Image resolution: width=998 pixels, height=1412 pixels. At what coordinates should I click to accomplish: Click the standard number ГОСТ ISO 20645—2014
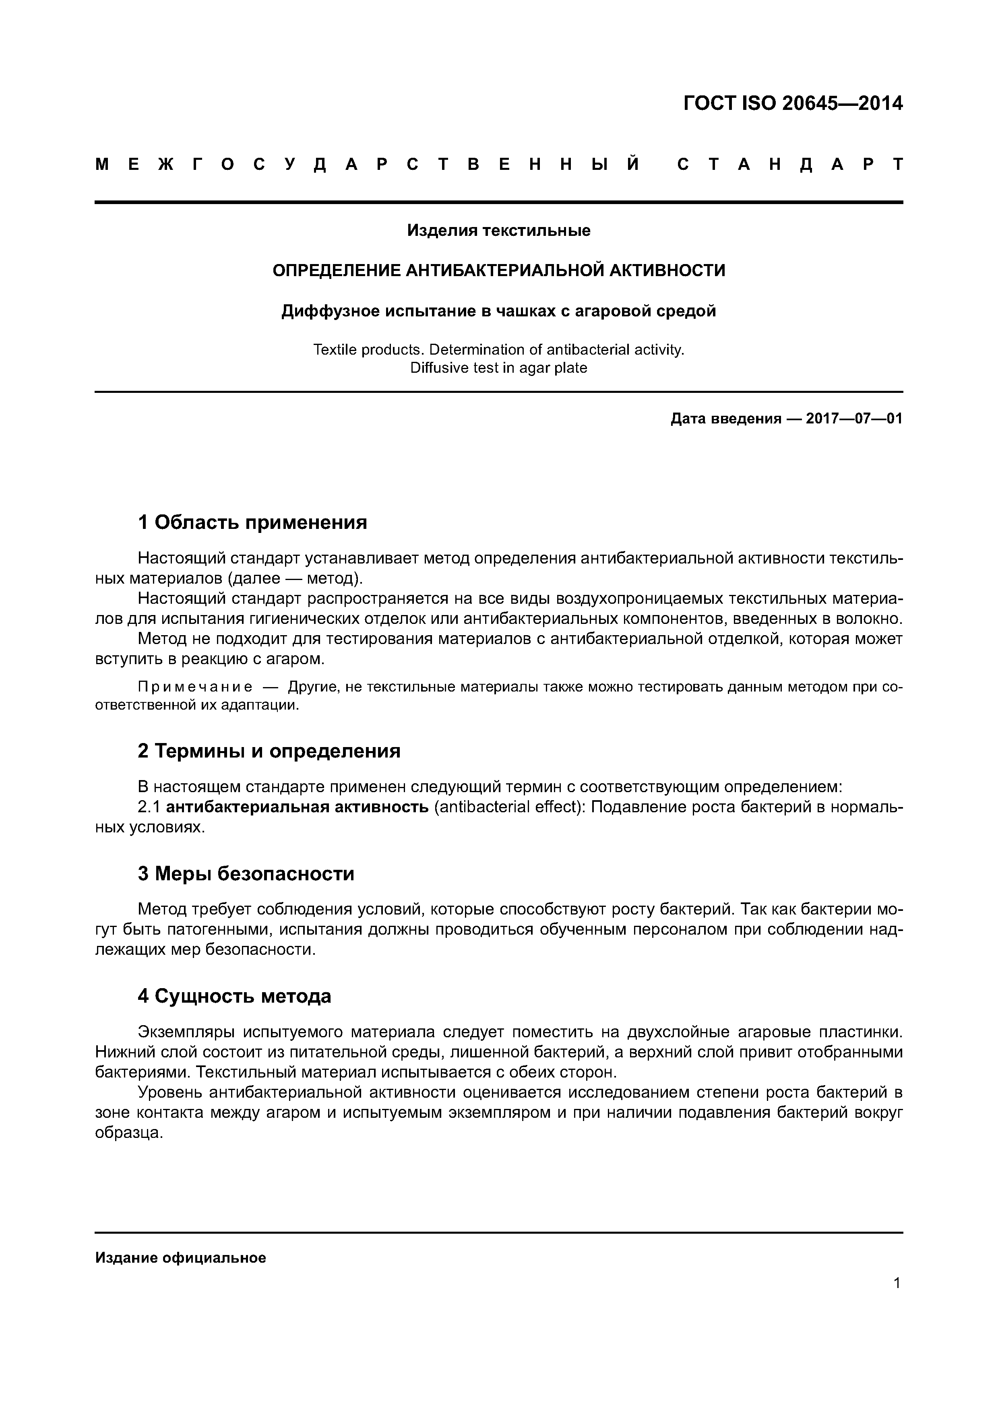(793, 104)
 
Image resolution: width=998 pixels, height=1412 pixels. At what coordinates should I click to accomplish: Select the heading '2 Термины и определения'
(269, 751)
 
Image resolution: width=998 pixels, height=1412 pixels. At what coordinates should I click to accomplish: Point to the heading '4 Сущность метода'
(234, 996)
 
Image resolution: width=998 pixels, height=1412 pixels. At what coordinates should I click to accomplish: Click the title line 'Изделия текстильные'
(499, 231)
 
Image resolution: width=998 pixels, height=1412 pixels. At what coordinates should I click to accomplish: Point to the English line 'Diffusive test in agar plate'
(499, 368)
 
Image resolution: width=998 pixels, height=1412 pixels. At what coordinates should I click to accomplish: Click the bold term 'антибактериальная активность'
(297, 807)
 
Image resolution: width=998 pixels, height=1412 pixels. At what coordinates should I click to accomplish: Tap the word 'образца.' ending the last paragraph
(129, 1133)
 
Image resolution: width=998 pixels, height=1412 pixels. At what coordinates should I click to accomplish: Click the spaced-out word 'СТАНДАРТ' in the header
(790, 165)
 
